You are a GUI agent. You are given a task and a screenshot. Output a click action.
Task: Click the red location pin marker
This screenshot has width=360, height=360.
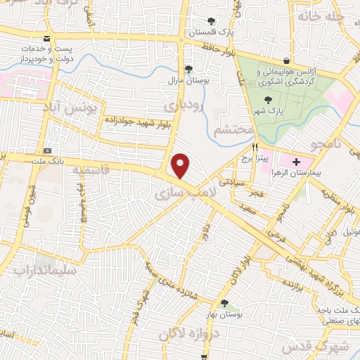(x=181, y=166)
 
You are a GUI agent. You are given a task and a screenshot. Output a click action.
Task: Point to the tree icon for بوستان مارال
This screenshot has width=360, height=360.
(x=188, y=68)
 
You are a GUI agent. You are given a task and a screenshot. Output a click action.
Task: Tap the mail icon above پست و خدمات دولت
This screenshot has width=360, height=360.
(x=46, y=38)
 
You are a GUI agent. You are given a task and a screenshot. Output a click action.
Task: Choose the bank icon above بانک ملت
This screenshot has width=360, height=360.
(x=47, y=151)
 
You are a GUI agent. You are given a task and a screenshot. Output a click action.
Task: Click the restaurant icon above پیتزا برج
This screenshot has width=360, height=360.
(x=255, y=148)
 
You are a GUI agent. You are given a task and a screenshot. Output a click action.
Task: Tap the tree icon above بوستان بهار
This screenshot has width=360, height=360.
(x=224, y=303)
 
